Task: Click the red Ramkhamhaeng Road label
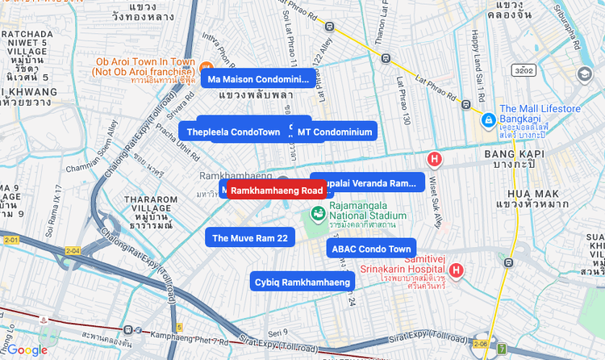(x=277, y=190)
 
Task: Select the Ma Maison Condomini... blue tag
(x=258, y=79)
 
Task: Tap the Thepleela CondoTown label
(x=233, y=132)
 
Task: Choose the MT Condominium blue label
(x=334, y=132)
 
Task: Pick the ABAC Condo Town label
(x=372, y=249)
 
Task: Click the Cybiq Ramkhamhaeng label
(x=302, y=282)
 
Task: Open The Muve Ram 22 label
(x=249, y=238)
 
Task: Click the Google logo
(x=28, y=350)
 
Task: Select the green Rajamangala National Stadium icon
(x=318, y=212)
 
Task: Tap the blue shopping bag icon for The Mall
(x=487, y=120)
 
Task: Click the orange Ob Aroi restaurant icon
(x=207, y=67)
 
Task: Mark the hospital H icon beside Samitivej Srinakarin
(x=457, y=270)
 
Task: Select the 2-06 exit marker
(x=481, y=343)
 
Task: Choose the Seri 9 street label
(x=278, y=333)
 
